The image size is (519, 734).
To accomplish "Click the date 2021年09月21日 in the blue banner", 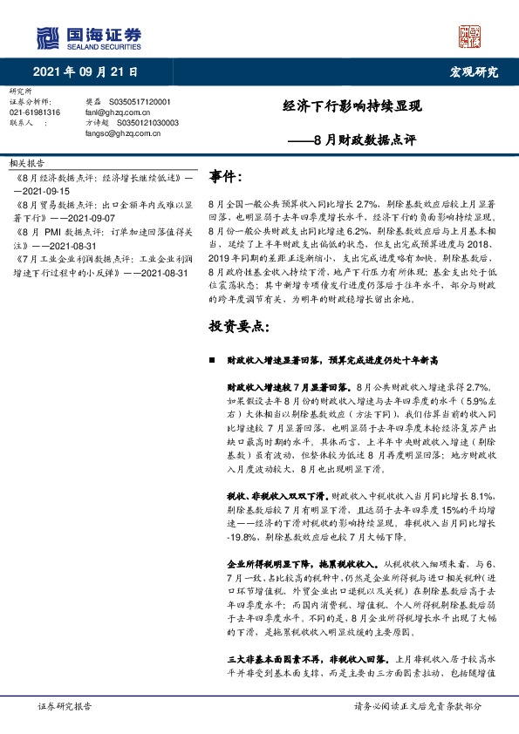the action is click(86, 72).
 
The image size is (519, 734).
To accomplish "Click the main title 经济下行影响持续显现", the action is click(352, 107).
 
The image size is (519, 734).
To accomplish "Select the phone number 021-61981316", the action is click(35, 112).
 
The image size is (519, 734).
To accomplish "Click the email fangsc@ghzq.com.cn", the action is click(118, 134).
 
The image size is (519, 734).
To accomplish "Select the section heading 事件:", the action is click(226, 177).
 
